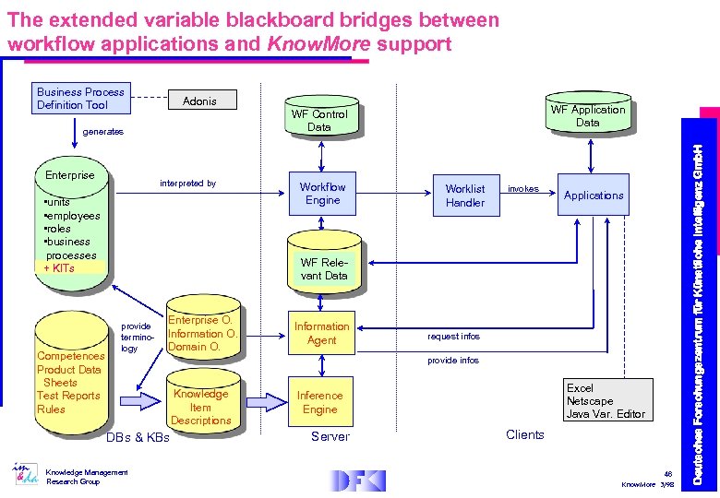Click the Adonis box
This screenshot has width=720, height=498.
pyautogui.click(x=199, y=101)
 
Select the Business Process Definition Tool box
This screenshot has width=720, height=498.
pyautogui.click(x=80, y=99)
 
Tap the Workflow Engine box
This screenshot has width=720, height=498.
pyautogui.click(x=322, y=194)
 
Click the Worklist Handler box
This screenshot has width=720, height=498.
pyautogui.click(x=464, y=196)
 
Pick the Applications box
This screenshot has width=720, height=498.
pyautogui.click(x=594, y=196)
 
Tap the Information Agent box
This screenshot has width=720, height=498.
pyautogui.click(x=321, y=333)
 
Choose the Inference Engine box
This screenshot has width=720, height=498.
pyautogui.click(x=319, y=402)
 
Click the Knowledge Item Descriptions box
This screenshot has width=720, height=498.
pyautogui.click(x=200, y=407)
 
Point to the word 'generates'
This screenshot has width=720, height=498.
pyautogui.click(x=102, y=132)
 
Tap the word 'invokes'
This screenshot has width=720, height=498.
pyautogui.click(x=523, y=189)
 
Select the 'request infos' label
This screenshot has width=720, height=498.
pyautogui.click(x=453, y=337)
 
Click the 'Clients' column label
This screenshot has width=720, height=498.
pyautogui.click(x=525, y=434)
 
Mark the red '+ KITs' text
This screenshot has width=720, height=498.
pyautogui.click(x=59, y=268)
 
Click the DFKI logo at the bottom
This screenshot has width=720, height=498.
pyautogui.click(x=359, y=480)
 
